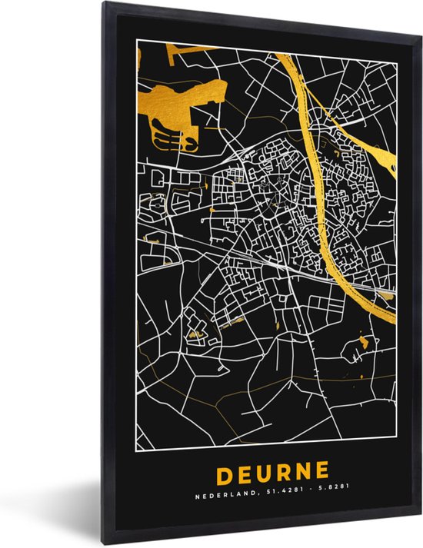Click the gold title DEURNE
click(272, 470)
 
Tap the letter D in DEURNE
click(224, 470)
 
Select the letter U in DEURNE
click(264, 470)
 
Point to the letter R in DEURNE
click(284, 470)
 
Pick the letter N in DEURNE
click(304, 470)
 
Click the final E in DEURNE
click(323, 470)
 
